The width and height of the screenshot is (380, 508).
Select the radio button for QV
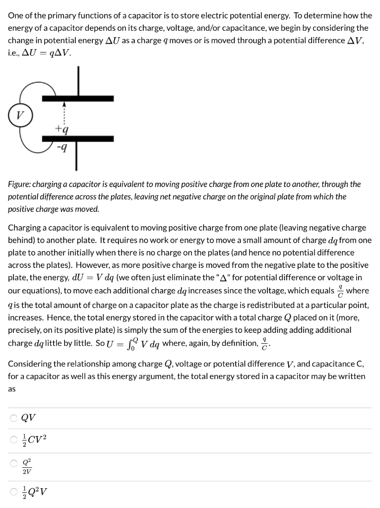[13, 418]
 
